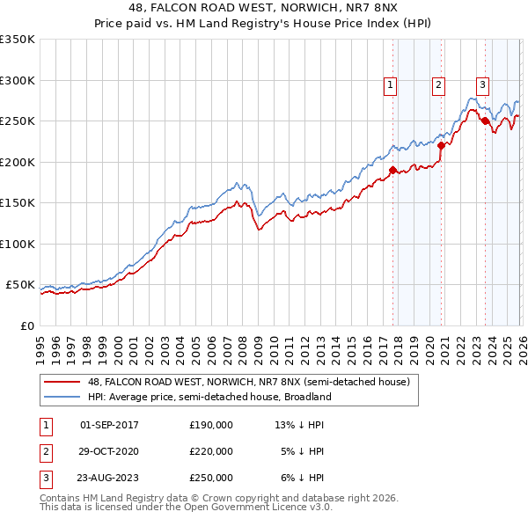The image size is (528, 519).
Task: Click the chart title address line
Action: pyautogui.click(x=264, y=8)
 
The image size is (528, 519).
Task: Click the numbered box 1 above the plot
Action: pyautogui.click(x=390, y=85)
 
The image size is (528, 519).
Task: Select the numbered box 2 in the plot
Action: pyautogui.click(x=438, y=85)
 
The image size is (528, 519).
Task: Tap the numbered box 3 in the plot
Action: pyautogui.click(x=482, y=85)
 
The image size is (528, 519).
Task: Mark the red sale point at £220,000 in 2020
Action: pyautogui.click(x=442, y=145)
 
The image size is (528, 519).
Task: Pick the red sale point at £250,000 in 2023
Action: pyautogui.click(x=485, y=121)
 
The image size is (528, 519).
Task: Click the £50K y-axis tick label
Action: pyautogui.click(x=19, y=285)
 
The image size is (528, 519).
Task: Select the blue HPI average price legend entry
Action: pyautogui.click(x=209, y=397)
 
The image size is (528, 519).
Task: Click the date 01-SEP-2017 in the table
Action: pyautogui.click(x=109, y=425)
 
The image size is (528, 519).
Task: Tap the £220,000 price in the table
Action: pyautogui.click(x=211, y=451)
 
